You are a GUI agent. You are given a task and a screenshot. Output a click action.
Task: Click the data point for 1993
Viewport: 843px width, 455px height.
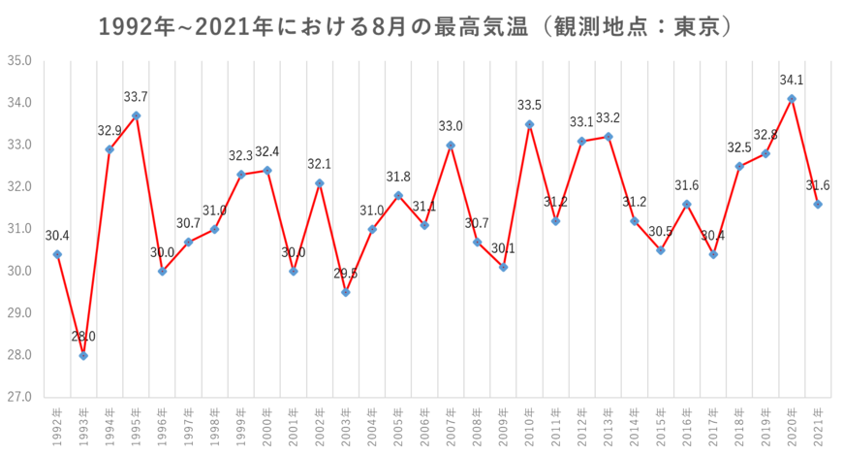click(x=83, y=356)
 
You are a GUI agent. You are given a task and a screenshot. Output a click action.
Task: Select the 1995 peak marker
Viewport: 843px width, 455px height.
click(x=136, y=115)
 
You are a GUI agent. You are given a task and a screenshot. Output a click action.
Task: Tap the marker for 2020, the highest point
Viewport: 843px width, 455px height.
click(x=792, y=98)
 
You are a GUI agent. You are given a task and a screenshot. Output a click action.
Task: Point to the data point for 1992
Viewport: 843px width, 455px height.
click(x=57, y=254)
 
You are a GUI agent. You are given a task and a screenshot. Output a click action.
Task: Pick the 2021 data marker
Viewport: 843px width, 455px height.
click(x=818, y=205)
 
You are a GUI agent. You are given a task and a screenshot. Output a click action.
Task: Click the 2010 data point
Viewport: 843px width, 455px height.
click(x=529, y=124)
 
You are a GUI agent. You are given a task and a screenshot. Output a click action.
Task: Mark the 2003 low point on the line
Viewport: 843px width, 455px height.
click(x=346, y=292)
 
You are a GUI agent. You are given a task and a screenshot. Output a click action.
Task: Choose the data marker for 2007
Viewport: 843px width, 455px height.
click(x=451, y=145)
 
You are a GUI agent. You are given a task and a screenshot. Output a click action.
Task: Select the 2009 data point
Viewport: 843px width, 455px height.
click(x=503, y=268)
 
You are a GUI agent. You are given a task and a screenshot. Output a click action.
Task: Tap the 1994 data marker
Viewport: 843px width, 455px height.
click(x=109, y=149)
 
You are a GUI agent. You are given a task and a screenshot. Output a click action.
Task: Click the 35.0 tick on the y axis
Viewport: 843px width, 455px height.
click(x=20, y=60)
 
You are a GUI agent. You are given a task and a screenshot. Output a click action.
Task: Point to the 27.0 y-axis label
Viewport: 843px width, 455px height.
click(x=20, y=397)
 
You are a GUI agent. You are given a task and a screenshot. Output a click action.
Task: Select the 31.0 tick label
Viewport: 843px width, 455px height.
click(x=20, y=229)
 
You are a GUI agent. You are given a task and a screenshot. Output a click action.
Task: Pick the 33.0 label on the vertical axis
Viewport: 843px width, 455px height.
click(x=20, y=145)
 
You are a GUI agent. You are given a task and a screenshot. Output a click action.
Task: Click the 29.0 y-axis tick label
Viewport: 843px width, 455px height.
click(x=20, y=313)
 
